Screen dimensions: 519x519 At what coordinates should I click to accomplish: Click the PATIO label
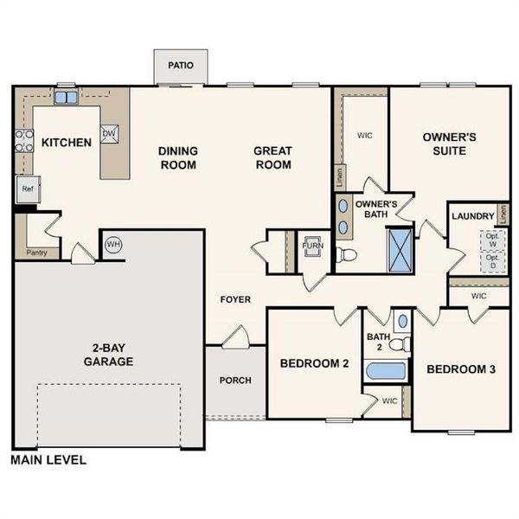tap(180, 66)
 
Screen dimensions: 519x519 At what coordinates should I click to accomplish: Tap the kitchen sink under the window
tap(67, 97)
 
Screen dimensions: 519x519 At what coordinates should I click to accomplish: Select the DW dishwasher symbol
tap(109, 133)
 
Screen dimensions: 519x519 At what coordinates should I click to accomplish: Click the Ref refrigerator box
tap(27, 188)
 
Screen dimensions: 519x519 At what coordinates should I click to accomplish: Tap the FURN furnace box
tap(311, 246)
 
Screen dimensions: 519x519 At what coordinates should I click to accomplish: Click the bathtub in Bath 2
tap(385, 371)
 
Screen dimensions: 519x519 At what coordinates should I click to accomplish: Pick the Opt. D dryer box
tap(492, 261)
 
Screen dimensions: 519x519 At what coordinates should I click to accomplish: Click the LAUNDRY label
tap(473, 216)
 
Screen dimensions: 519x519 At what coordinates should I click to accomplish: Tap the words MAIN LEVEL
tap(48, 460)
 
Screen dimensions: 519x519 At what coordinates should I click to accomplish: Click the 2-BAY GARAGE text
tap(108, 355)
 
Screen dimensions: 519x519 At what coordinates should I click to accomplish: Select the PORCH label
tap(235, 380)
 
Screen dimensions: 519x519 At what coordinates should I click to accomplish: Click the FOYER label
tap(235, 299)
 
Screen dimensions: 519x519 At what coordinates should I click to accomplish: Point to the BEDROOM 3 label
tap(461, 369)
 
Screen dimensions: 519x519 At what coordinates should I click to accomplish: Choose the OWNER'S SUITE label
tap(445, 144)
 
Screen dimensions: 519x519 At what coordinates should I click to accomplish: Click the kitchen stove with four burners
tap(21, 140)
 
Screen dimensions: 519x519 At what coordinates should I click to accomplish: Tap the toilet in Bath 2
tap(398, 343)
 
